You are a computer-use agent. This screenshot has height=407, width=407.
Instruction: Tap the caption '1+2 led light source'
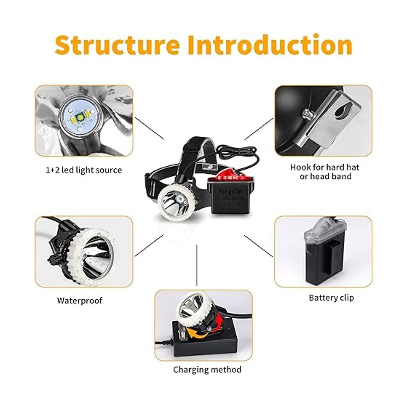point(83,170)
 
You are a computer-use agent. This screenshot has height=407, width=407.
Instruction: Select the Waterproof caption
point(79,301)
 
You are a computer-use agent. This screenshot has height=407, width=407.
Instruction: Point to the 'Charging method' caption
point(207,369)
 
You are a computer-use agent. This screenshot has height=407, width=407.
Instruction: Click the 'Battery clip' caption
point(331,298)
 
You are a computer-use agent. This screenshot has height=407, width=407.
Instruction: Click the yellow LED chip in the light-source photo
point(80,118)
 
